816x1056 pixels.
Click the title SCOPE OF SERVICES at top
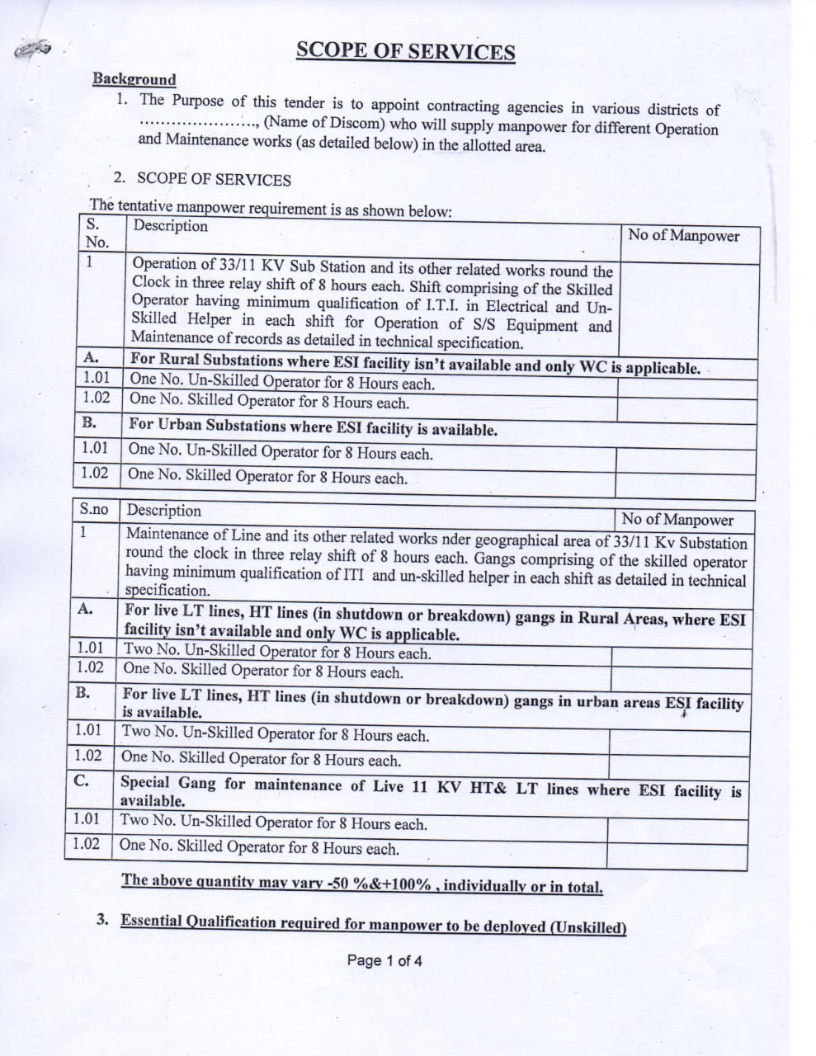pyautogui.click(x=405, y=51)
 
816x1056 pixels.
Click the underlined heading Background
pyautogui.click(x=134, y=79)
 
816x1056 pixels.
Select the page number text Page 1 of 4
pyautogui.click(x=384, y=960)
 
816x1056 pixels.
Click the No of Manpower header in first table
pyautogui.click(x=683, y=235)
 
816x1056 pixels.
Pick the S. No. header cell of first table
pyautogui.click(x=97, y=233)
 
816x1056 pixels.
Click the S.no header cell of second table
pyautogui.click(x=94, y=511)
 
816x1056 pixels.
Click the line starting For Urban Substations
pyautogui.click(x=313, y=428)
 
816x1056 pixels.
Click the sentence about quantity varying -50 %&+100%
pyautogui.click(x=361, y=883)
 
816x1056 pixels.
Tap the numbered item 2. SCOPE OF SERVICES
pyautogui.click(x=202, y=179)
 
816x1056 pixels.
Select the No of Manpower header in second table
pyautogui.click(x=677, y=520)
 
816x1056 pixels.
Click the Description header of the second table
pyautogui.click(x=164, y=511)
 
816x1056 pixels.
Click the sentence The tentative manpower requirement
pyautogui.click(x=271, y=207)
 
